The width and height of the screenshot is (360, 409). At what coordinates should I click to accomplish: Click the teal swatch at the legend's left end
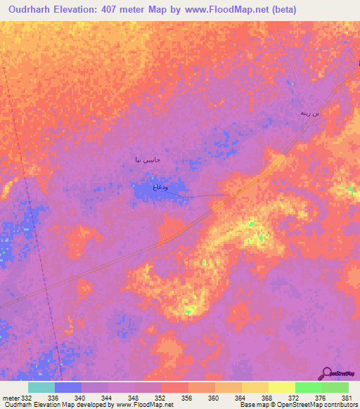[41, 387]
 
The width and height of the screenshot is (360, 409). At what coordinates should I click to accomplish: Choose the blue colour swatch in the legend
[68, 387]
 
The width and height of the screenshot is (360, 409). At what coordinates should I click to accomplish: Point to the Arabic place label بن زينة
[309, 112]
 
